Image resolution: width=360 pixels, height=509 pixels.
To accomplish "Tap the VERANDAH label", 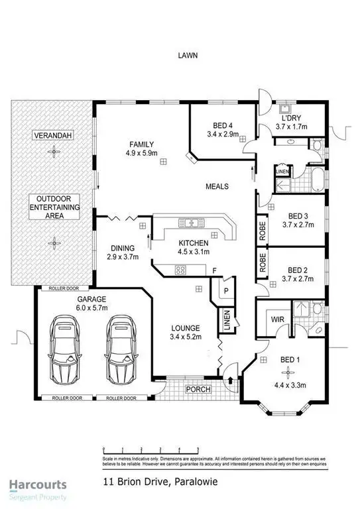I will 52,135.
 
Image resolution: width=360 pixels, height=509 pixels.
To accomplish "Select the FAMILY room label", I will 141,144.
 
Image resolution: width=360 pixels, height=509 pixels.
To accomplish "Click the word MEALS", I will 217,187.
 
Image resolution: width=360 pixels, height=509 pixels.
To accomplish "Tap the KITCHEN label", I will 193,243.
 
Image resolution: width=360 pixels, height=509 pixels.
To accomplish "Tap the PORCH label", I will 198,389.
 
